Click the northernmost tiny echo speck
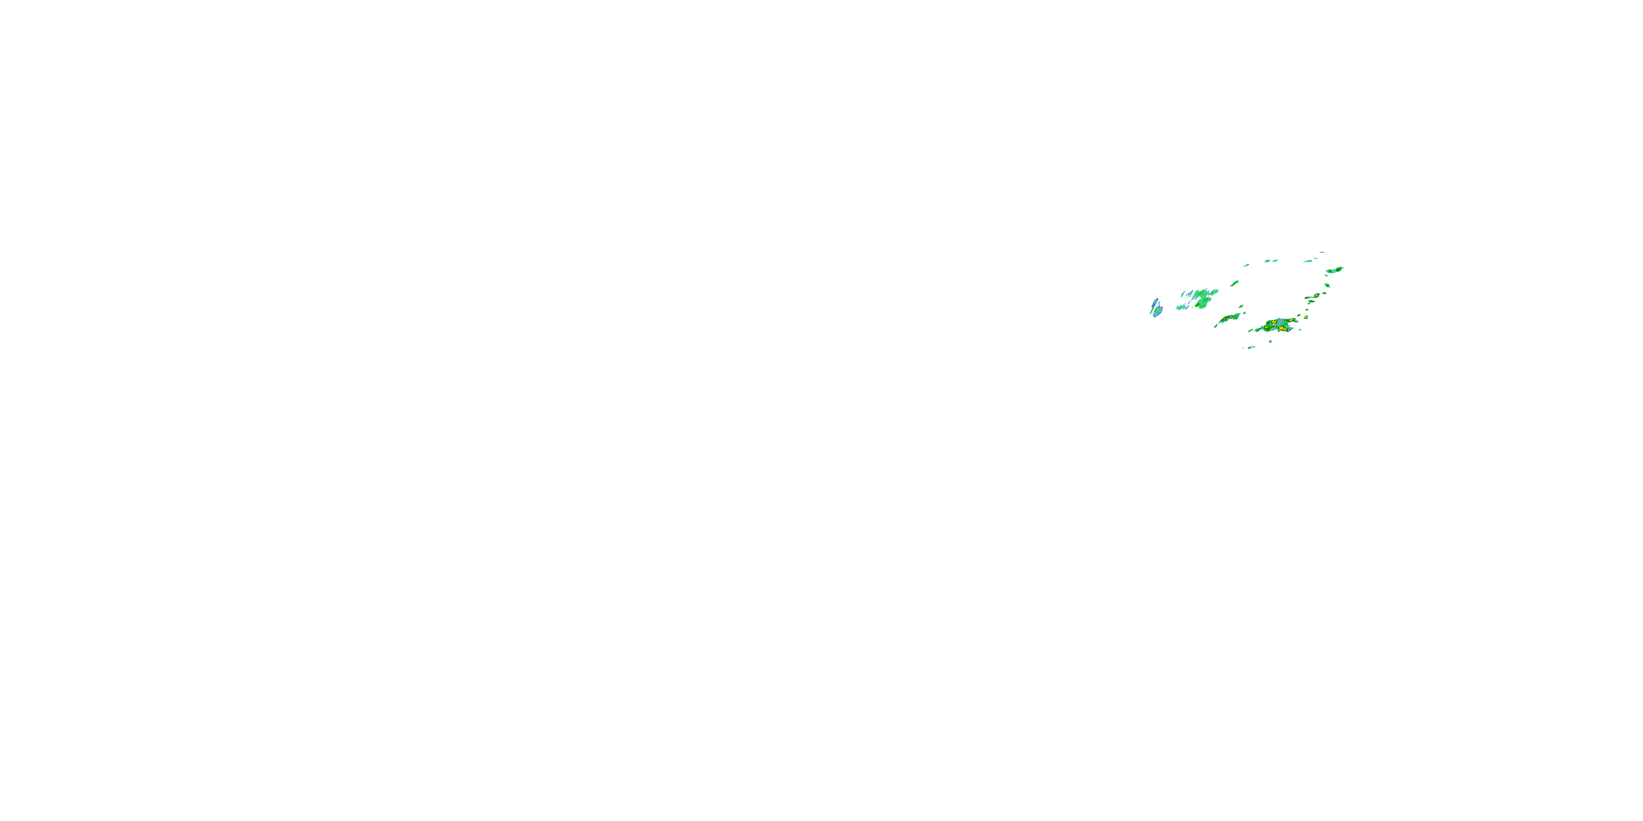point(1322,252)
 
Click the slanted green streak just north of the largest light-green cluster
point(1235,284)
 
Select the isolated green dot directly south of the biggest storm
point(1271,342)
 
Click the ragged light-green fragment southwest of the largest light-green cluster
point(1183,307)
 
